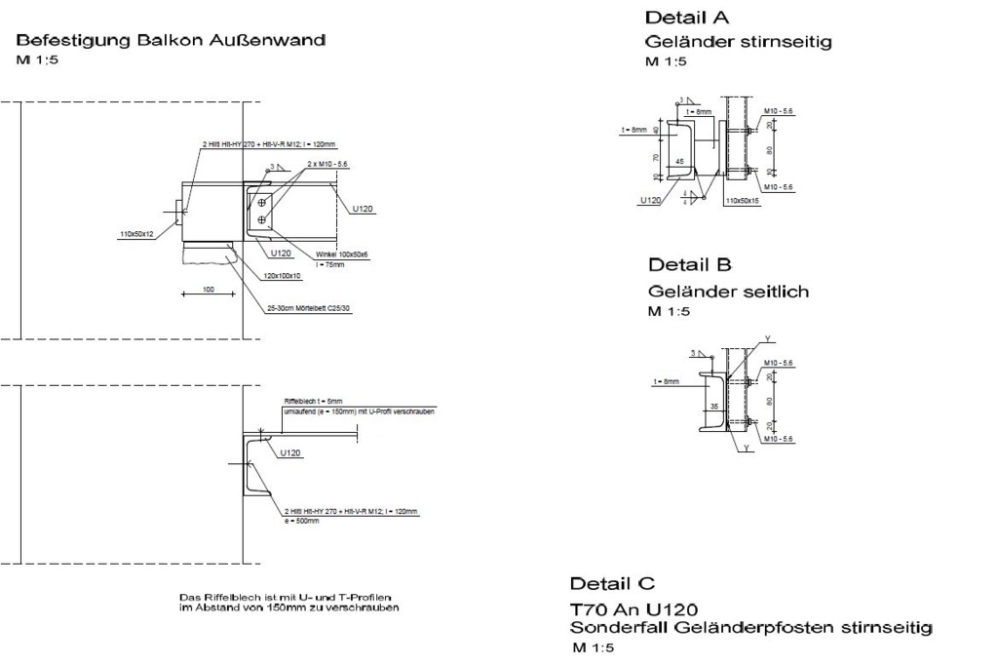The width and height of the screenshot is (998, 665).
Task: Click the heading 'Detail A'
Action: coord(687,18)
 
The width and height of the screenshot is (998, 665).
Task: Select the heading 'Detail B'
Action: coord(690,264)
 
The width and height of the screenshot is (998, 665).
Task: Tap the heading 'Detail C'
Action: coord(612,583)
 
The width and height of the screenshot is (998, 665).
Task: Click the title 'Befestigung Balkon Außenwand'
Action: coord(171,41)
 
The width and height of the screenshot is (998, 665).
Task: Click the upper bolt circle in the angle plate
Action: coord(262,203)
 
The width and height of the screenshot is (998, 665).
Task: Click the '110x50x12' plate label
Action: coord(136,234)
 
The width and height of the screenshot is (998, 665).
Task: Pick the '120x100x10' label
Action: coord(283,275)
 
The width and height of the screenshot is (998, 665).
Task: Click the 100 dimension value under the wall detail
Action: coord(207,290)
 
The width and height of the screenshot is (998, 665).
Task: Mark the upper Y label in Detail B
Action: coord(767,338)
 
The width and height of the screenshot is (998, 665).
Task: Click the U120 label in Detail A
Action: coord(651,200)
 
